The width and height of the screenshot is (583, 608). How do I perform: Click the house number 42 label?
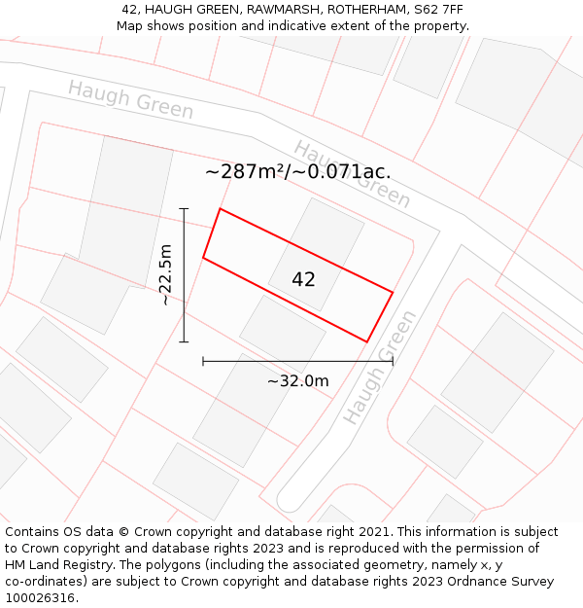tap(303, 279)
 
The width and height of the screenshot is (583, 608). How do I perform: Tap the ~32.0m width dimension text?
tap(297, 381)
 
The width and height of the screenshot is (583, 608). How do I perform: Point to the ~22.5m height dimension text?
tap(166, 274)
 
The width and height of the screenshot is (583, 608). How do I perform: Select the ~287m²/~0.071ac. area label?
tap(297, 172)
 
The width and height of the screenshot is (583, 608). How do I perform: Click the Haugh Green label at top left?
tap(130, 99)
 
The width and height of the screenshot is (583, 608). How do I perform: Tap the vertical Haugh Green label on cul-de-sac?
tap(380, 367)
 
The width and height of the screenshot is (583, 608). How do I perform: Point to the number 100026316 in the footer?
tap(42, 597)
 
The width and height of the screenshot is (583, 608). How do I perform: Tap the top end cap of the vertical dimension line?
tap(184, 208)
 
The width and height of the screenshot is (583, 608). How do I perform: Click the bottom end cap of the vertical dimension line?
tap(184, 341)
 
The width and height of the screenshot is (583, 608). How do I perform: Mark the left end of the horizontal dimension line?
tap(203, 361)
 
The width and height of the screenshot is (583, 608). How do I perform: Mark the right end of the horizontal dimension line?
tap(393, 361)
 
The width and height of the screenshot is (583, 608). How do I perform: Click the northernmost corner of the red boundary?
tap(221, 208)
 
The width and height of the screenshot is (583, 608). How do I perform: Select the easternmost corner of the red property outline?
tap(393, 292)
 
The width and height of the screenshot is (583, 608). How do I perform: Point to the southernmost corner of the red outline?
tap(366, 341)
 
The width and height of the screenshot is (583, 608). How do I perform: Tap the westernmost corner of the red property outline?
tap(203, 258)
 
